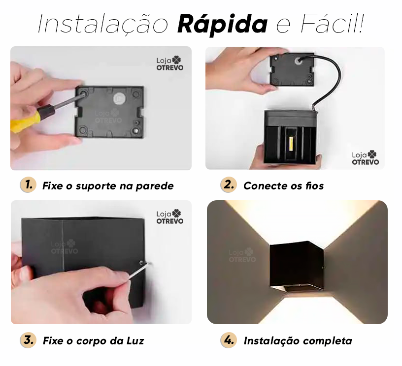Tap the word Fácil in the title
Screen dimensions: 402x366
(332, 24)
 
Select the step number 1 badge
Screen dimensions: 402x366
(28, 185)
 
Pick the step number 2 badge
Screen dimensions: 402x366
(228, 185)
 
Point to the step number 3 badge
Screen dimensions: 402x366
(28, 340)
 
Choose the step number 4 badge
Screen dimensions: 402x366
(228, 340)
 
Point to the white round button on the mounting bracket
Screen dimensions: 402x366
(119, 98)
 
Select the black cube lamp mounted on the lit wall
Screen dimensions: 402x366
(296, 266)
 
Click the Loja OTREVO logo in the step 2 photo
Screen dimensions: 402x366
(365, 157)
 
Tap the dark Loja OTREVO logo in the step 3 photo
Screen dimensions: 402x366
(170, 217)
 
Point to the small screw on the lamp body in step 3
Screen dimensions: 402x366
(141, 263)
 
